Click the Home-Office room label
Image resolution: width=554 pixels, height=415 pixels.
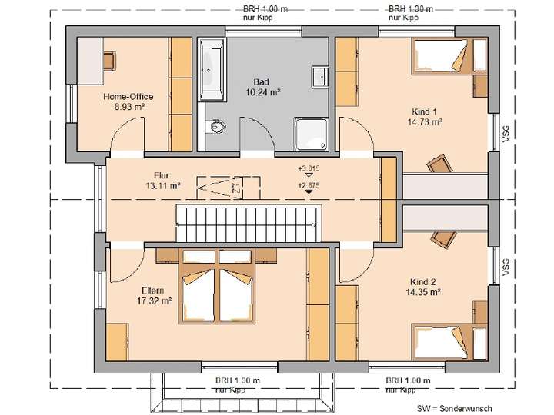coord(128,97)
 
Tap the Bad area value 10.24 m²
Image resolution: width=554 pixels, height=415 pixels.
coord(262,92)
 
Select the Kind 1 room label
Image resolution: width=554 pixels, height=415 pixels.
coord(425,111)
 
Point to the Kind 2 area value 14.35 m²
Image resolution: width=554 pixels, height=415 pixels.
coord(424,293)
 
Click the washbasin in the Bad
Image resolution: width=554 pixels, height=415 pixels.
coord(319,76)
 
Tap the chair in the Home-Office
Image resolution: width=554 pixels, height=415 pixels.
coord(108,58)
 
